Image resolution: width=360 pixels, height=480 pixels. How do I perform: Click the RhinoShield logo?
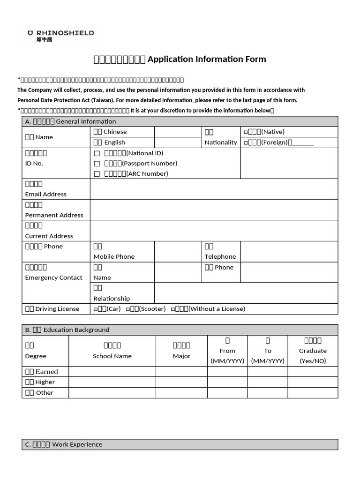60,36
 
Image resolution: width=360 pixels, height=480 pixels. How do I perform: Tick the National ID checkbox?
97,153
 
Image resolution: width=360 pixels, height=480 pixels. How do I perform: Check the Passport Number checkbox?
97,164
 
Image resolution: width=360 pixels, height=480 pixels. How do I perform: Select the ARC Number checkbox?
97,174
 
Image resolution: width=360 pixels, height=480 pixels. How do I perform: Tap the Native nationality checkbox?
246,132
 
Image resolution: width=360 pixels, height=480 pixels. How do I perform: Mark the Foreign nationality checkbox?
246,142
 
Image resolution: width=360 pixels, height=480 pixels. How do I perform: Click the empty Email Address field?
214,189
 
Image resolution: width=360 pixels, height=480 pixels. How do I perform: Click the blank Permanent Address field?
214,210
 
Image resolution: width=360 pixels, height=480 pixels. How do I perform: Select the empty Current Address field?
214,231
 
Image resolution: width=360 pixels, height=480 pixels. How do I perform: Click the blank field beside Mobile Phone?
178,252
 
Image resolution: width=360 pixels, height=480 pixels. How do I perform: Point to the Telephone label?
220,256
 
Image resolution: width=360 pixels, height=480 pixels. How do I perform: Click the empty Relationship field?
246,293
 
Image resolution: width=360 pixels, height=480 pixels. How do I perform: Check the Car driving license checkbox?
96,309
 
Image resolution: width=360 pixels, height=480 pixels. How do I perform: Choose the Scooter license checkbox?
128,309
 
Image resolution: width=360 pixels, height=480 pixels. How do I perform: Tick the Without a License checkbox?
173,309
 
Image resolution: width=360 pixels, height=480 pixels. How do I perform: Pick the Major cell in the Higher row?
181,382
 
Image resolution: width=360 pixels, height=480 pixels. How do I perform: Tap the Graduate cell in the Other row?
313,393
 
